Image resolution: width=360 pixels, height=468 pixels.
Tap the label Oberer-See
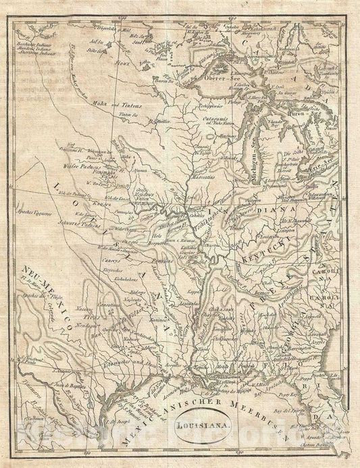point(234,78)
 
